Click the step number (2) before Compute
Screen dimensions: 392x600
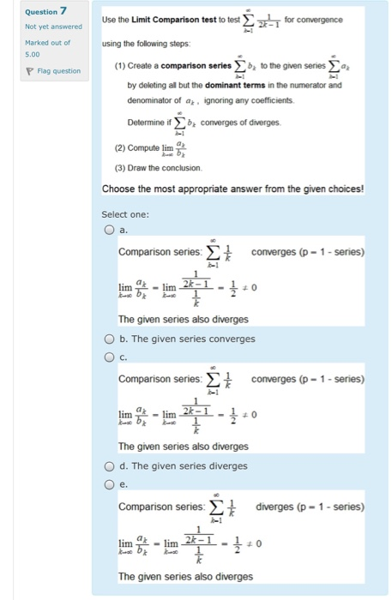click(x=120, y=147)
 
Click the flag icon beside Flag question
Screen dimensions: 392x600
click(x=30, y=70)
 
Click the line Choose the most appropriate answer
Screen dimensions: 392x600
click(x=232, y=189)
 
